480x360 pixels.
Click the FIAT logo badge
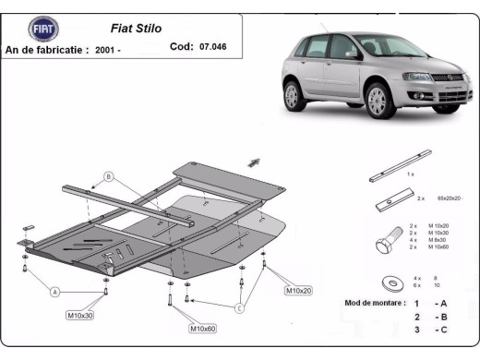pyautogui.click(x=43, y=30)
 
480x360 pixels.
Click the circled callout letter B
pyautogui.click(x=108, y=175)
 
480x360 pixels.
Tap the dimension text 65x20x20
pyautogui.click(x=449, y=198)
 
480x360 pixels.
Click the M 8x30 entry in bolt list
pyautogui.click(x=441, y=240)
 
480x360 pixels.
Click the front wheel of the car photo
pyautogui.click(x=378, y=100)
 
